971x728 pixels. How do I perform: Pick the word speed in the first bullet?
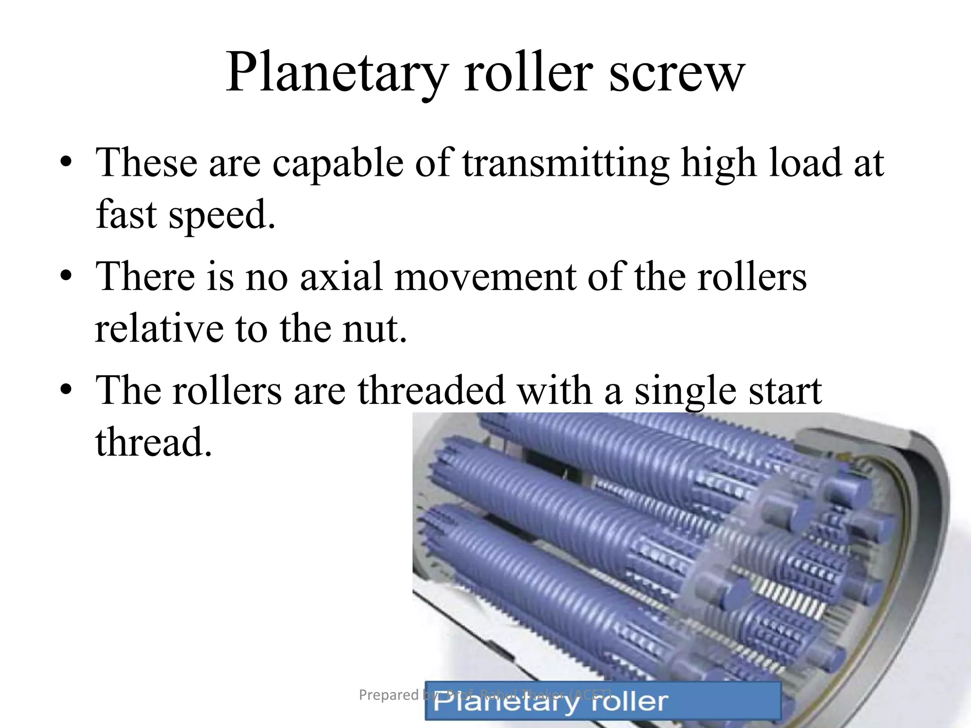point(221,215)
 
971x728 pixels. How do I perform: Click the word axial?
point(341,277)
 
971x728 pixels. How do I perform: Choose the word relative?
point(159,328)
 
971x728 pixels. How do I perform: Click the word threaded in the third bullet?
point(431,391)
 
